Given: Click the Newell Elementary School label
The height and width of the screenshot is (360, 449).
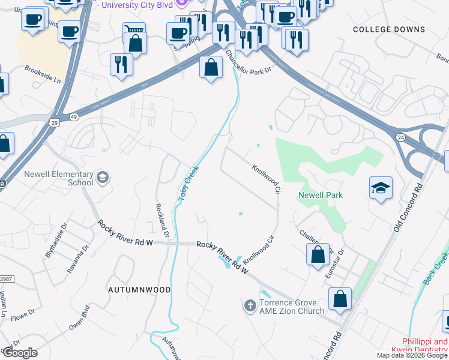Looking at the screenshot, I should coord(58,178).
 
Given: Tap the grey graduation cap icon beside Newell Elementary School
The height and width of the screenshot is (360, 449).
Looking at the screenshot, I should coord(102,176).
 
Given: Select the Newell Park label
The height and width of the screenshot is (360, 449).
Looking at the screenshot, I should coord(320,195).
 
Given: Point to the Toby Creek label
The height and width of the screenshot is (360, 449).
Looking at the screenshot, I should coord(187,184).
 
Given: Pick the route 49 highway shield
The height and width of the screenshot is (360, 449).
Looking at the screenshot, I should coord(73,116).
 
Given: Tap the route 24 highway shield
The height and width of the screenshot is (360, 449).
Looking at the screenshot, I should coord(400,137).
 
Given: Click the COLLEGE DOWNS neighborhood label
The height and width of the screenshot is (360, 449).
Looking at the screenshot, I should coord(389,29).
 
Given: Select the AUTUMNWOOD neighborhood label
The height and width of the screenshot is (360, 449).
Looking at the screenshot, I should coord(139,289).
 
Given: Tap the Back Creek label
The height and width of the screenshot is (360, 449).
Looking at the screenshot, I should coord(439,264).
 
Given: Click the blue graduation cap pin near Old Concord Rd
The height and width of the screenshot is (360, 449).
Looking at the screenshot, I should coord(381,188).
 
